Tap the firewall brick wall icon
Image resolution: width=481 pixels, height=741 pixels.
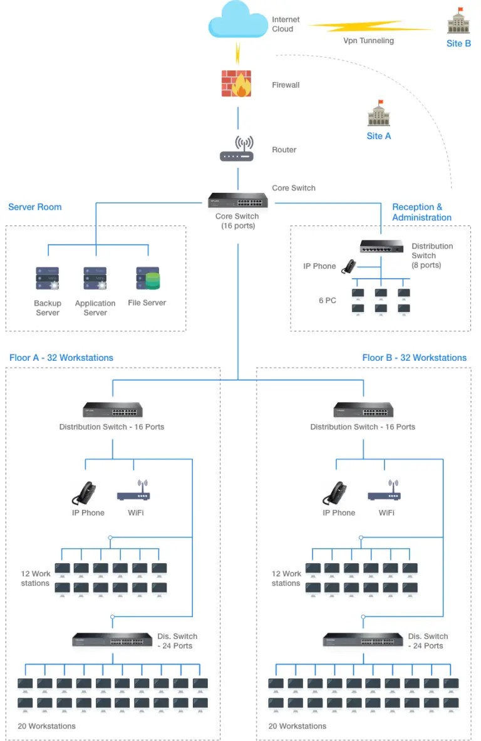[237, 84]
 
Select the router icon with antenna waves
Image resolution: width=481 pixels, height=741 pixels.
[237, 150]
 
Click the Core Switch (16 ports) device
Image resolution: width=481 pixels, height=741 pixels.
[238, 200]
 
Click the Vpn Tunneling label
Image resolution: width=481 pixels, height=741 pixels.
[368, 41]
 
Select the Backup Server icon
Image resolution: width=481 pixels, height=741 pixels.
[47, 278]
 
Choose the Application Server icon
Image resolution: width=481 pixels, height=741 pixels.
[95, 278]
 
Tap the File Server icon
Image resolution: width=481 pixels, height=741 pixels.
[148, 278]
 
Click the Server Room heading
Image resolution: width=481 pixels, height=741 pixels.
[35, 207]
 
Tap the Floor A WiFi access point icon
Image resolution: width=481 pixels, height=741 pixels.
[133, 492]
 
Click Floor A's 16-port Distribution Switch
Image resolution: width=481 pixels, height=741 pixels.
[113, 410]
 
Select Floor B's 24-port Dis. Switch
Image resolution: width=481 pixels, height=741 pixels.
[363, 640]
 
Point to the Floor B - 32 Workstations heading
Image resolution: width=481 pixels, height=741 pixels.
[414, 358]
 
